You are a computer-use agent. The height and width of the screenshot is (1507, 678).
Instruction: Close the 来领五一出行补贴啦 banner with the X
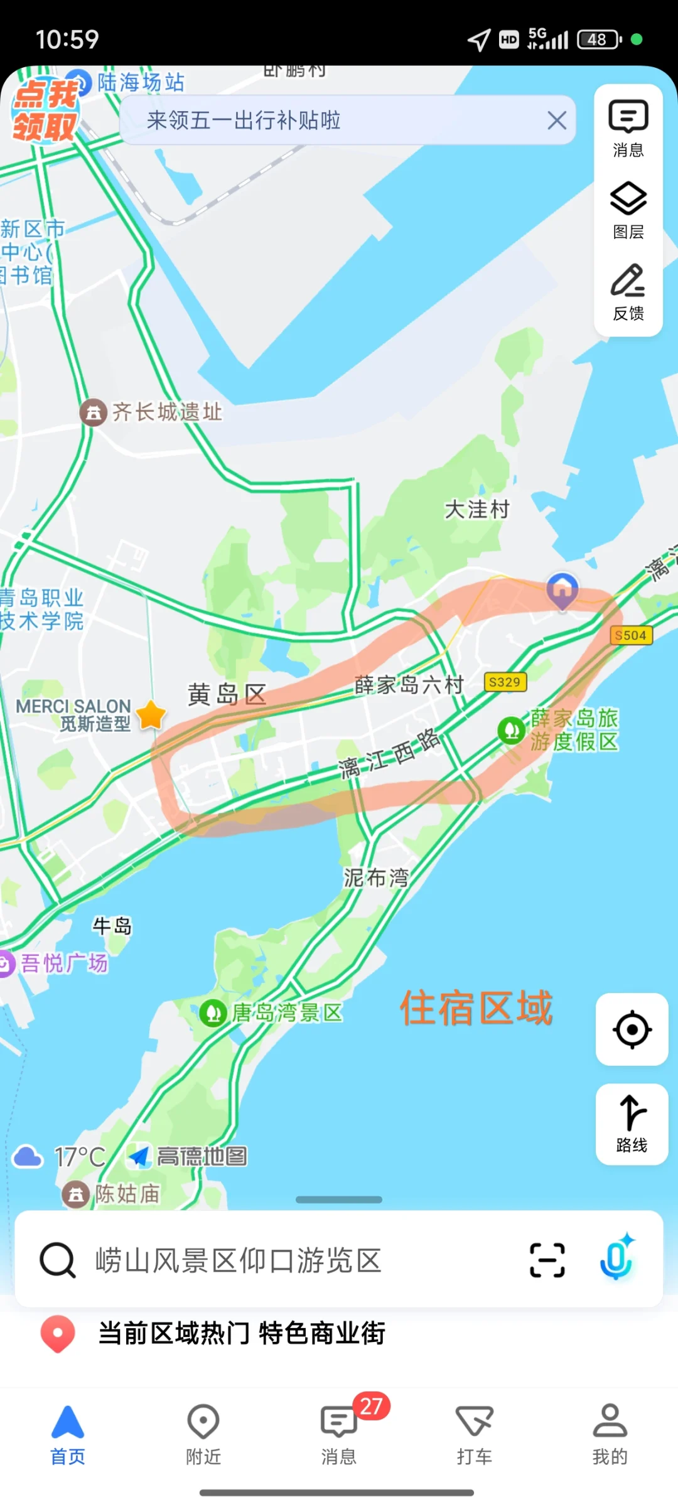(556, 120)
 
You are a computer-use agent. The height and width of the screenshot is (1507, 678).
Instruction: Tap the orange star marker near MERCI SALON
(151, 715)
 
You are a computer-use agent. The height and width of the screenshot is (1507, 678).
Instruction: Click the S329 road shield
(505, 682)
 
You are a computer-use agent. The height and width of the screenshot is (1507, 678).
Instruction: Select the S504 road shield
(631, 635)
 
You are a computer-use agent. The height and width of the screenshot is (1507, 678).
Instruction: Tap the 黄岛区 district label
(227, 694)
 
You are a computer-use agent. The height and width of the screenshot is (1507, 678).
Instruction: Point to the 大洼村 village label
(477, 509)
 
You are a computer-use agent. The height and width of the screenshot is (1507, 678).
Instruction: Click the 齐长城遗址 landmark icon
(94, 412)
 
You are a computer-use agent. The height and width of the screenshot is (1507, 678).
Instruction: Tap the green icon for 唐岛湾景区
(213, 1012)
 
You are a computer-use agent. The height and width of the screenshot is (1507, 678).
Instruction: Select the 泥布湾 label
(375, 877)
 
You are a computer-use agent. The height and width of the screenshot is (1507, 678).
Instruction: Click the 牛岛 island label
(112, 926)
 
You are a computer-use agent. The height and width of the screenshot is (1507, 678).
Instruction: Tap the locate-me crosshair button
(632, 1029)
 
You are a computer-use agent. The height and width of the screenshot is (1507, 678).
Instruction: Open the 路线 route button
(632, 1124)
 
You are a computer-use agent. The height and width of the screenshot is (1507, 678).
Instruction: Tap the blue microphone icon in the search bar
(616, 1259)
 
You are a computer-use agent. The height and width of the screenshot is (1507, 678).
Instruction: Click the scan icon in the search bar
(547, 1260)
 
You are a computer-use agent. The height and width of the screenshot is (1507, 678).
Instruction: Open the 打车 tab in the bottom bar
(475, 1434)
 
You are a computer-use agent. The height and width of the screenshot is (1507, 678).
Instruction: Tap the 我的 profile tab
(610, 1434)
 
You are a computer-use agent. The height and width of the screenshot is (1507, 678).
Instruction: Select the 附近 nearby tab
(203, 1434)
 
